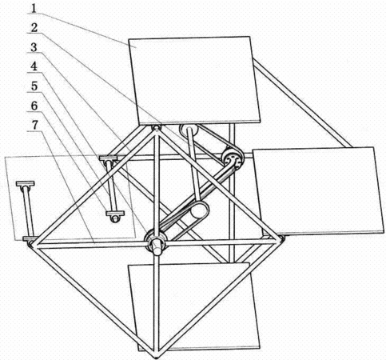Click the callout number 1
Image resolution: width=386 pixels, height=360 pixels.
34,8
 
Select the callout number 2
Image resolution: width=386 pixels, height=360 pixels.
34,28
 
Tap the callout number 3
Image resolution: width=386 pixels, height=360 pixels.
34,47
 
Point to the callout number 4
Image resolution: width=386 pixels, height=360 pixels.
34,66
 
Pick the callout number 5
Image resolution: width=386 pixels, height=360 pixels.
34,86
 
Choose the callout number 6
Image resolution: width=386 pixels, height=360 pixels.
34,106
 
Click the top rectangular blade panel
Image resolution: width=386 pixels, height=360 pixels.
193,81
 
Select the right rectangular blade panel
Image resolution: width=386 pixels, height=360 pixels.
318,191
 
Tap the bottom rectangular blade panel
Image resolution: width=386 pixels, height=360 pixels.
194,306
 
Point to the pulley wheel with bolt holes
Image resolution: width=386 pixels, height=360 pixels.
232,159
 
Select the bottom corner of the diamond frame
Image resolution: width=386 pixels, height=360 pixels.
157,357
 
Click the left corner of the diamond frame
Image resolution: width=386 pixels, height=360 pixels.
30,244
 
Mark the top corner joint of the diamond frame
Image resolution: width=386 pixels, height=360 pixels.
156,128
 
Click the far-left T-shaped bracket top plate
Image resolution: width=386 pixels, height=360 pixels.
26,184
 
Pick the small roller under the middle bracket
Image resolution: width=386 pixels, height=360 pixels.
115,219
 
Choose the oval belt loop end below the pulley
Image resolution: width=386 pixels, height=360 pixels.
199,210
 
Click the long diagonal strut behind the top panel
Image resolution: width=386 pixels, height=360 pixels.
302,102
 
